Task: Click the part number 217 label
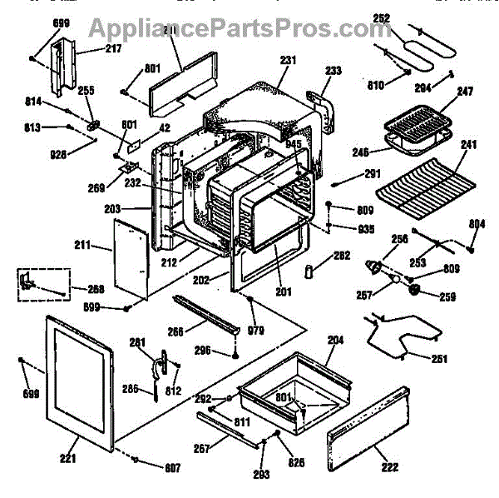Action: click(x=113, y=49)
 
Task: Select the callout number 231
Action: click(x=289, y=60)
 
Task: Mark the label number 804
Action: click(x=477, y=223)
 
